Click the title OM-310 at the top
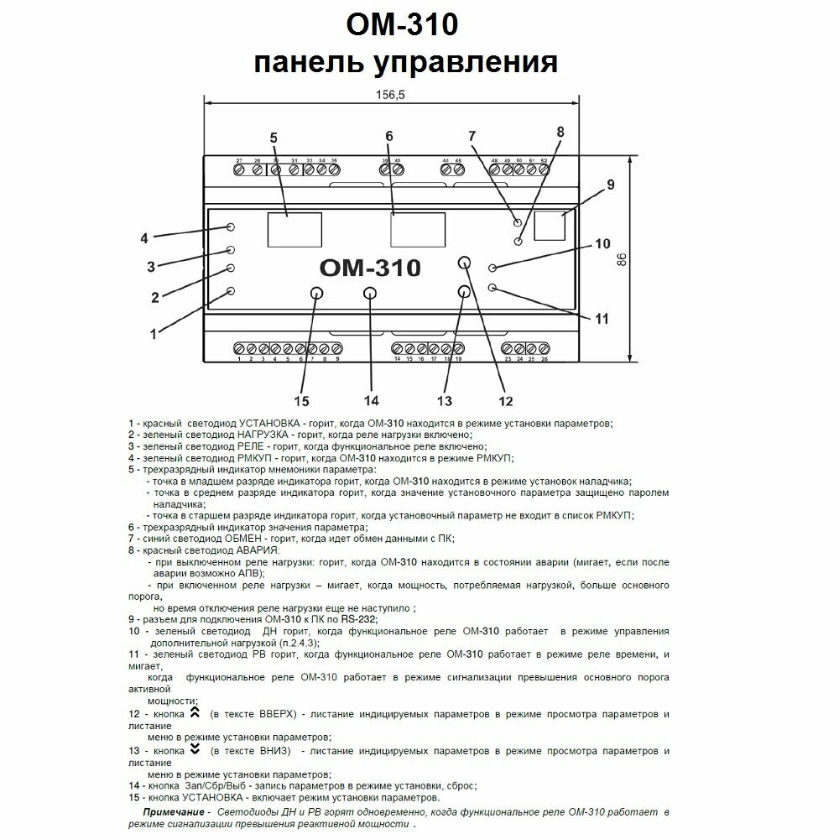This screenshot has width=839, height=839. pyautogui.click(x=402, y=25)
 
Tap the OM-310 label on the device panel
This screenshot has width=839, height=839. pyautogui.click(x=370, y=268)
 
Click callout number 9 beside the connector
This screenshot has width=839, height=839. pyautogui.click(x=611, y=184)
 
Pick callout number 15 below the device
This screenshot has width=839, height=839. pyautogui.click(x=301, y=399)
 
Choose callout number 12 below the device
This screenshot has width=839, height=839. pyautogui.click(x=505, y=399)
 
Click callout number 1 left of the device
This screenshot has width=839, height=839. pyautogui.click(x=154, y=333)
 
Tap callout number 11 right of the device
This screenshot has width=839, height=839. pyautogui.click(x=601, y=318)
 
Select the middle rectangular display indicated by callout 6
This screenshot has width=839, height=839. pyautogui.click(x=417, y=228)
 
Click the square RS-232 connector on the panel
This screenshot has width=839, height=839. pyautogui.click(x=549, y=227)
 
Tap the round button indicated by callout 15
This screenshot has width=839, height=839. pyautogui.click(x=316, y=293)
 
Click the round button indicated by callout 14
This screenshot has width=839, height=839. pyautogui.click(x=370, y=293)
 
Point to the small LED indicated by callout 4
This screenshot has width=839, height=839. pyautogui.click(x=231, y=227)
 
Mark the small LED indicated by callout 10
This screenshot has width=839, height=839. pyautogui.click(x=493, y=268)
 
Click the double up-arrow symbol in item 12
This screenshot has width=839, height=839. pyautogui.click(x=195, y=712)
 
